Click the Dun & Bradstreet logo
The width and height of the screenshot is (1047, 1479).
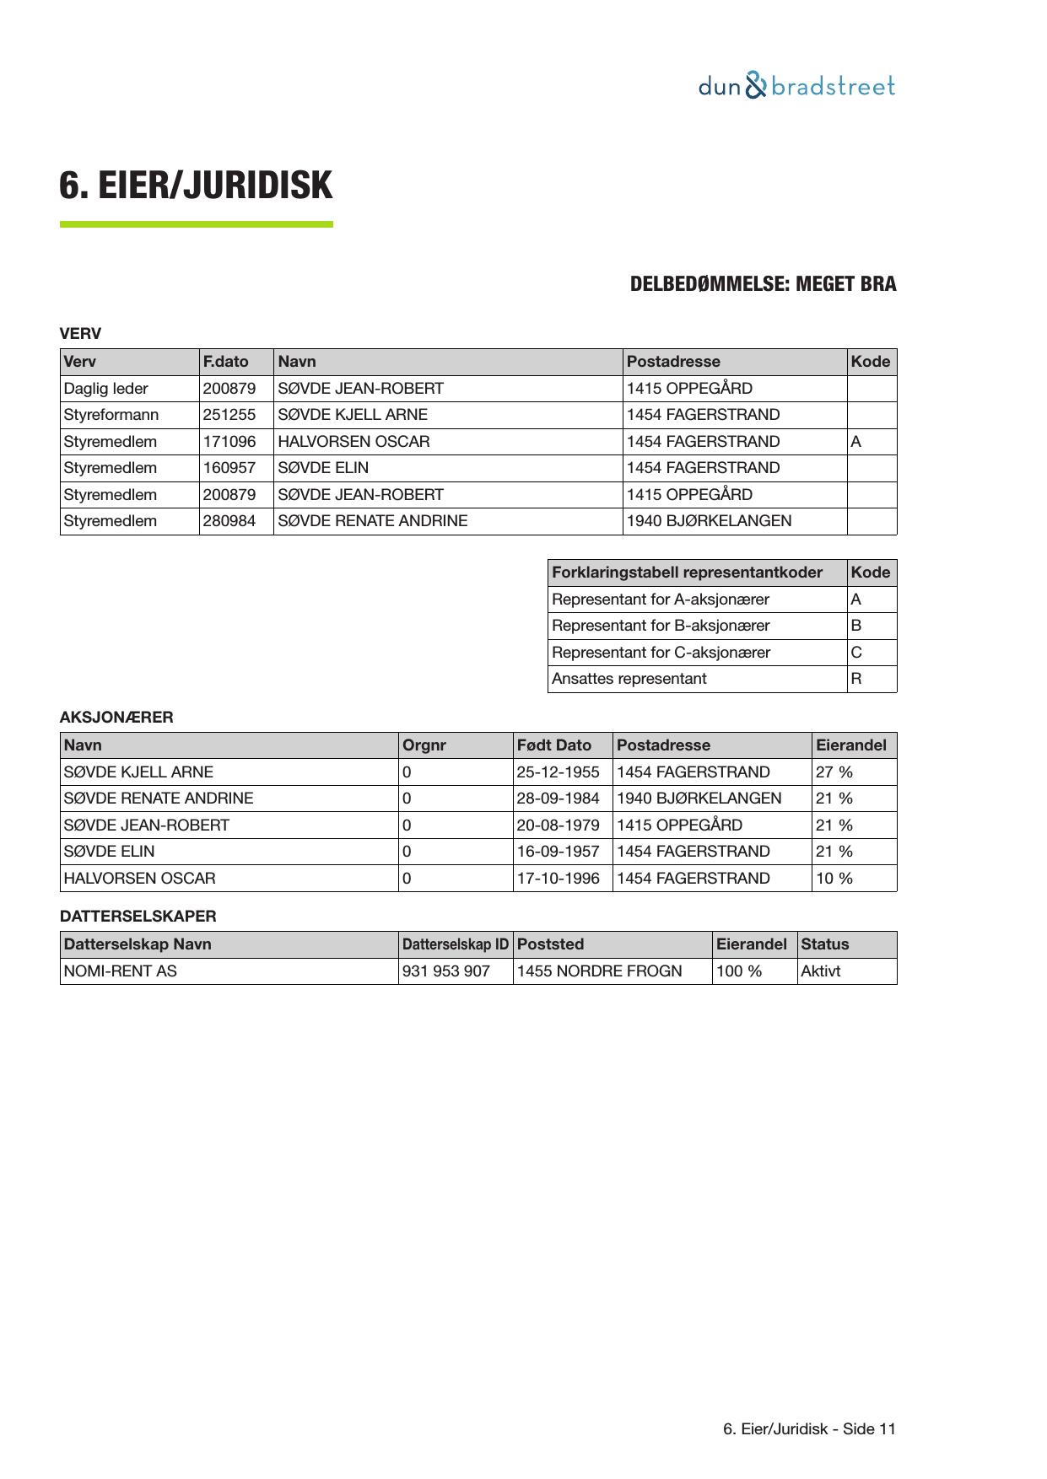796,86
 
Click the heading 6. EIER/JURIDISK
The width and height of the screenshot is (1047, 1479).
196,186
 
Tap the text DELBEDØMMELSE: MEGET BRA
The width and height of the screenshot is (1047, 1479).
763,284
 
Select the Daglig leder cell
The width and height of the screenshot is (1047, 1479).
106,389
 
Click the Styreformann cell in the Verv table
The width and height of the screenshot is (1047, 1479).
111,415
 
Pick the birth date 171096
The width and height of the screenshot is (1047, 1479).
229,442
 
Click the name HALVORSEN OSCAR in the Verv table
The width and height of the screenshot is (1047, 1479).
353,442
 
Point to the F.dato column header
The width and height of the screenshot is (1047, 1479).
226,362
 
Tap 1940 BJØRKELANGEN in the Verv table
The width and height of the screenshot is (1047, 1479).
709,521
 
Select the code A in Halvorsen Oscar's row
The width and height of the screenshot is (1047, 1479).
856,442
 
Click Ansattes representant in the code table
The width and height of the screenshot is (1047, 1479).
629,679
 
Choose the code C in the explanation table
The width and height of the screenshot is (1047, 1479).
856,653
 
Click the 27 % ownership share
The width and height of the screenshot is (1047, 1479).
834,772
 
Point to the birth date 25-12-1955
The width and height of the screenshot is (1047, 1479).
559,772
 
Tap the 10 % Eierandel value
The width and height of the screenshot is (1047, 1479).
834,879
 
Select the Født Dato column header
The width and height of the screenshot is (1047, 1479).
554,745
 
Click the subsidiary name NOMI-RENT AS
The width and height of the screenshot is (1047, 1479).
121,971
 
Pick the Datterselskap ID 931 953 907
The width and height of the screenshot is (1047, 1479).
446,971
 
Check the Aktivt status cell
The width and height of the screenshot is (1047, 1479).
821,971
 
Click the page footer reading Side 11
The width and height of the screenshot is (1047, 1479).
809,1429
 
